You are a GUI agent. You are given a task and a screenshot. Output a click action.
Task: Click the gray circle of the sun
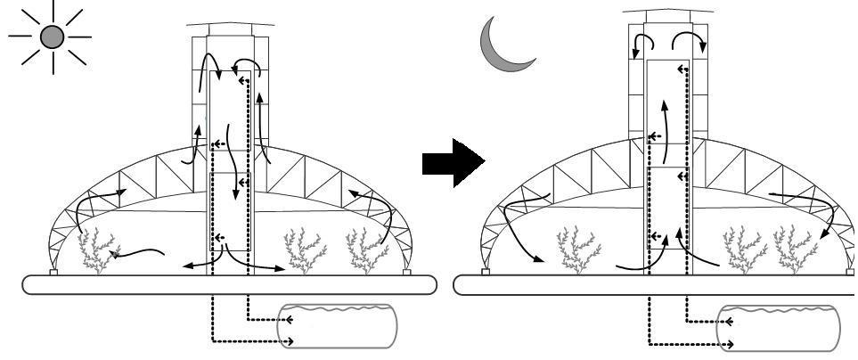[53, 37]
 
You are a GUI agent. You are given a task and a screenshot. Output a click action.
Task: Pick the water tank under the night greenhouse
[777, 329]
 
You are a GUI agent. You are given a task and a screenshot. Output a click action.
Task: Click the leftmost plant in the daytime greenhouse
[98, 249]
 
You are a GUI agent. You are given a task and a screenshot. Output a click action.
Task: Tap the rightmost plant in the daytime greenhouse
[366, 250]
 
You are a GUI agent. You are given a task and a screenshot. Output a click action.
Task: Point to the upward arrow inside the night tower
[664, 116]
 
